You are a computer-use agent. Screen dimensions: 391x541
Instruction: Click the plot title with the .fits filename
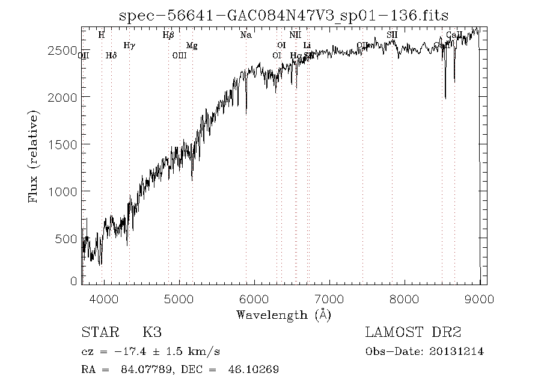click(x=284, y=16)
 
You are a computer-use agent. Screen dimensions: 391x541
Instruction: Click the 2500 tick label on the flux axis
click(x=63, y=50)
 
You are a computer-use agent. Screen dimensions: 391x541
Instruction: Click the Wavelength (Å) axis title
click(x=284, y=315)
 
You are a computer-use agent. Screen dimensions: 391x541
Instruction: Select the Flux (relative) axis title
click(x=34, y=156)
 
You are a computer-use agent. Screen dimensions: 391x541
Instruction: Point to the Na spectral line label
click(x=246, y=35)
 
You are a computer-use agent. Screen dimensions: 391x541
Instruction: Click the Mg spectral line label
click(x=191, y=45)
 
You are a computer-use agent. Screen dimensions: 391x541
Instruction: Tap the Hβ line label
click(x=168, y=35)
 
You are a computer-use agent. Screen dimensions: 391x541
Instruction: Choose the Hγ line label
click(x=129, y=45)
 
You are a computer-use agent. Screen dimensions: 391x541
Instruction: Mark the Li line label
click(x=307, y=45)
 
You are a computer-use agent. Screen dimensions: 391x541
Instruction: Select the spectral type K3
click(x=151, y=333)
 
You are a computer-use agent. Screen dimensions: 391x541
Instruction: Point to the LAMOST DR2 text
click(x=412, y=333)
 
